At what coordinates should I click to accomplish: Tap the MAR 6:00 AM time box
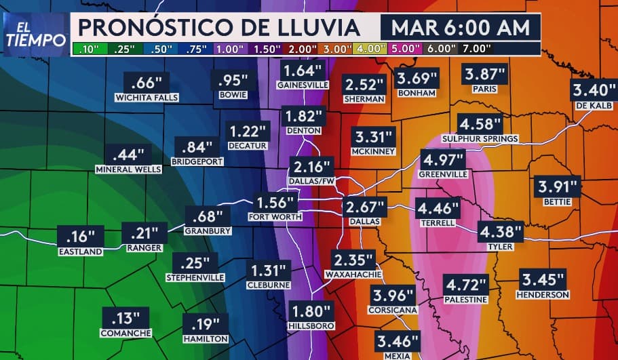point(460,28)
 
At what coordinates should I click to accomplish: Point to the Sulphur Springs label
point(480,139)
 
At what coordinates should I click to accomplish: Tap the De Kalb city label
point(594,106)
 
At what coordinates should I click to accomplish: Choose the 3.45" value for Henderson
point(542,279)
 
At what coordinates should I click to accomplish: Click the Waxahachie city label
point(353,275)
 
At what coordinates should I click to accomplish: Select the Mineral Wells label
point(128,169)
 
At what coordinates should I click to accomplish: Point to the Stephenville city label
point(195,278)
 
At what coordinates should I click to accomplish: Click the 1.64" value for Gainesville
point(303,71)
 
